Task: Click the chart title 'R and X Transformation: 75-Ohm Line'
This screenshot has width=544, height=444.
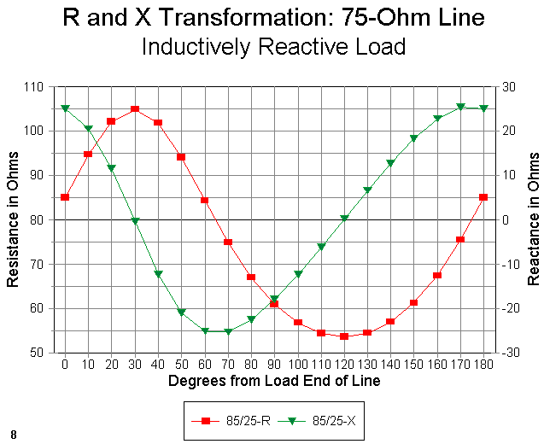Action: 273,18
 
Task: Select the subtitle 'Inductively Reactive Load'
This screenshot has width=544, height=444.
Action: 273,46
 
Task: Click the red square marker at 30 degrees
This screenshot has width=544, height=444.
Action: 135,109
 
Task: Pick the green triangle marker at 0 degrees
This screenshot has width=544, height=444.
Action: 65,108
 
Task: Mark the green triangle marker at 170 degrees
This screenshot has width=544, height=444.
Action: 460,107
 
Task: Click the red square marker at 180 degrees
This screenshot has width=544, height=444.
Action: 483,197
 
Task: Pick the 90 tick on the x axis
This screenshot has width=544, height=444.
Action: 274,365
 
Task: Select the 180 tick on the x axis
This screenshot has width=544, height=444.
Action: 483,365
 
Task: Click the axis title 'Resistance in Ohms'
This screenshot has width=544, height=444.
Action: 14,219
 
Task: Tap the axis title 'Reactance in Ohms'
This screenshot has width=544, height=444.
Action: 534,219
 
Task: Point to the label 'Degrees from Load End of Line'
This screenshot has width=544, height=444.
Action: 274,381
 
